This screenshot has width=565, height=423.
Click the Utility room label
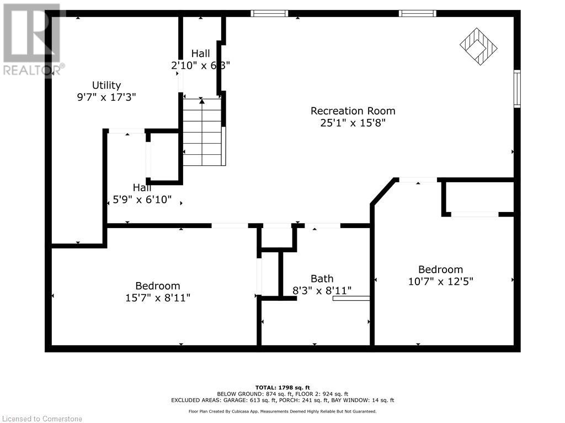pyautogui.click(x=106, y=85)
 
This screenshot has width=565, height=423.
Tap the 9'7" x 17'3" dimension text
pyautogui.click(x=106, y=97)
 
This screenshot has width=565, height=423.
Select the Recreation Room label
pyautogui.click(x=353, y=111)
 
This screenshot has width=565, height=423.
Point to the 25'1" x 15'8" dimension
pyautogui.click(x=353, y=123)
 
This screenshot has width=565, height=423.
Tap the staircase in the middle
pyautogui.click(x=202, y=132)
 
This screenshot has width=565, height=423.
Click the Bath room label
pyautogui.click(x=322, y=279)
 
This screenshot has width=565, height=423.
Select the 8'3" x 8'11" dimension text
pyautogui.click(x=322, y=290)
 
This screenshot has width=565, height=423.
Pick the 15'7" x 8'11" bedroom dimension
pyautogui.click(x=158, y=297)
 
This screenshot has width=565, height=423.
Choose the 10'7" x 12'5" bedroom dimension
pyautogui.click(x=440, y=281)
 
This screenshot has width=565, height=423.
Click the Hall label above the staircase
pyautogui.click(x=201, y=53)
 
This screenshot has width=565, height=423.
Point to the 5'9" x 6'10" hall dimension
pyautogui.click(x=142, y=200)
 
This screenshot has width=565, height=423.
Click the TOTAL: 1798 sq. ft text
pyautogui.click(x=282, y=387)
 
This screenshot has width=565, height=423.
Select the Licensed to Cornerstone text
pyautogui.click(x=41, y=419)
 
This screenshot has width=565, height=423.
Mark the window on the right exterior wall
pyautogui.click(x=517, y=88)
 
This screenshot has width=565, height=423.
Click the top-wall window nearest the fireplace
pyautogui.click(x=418, y=13)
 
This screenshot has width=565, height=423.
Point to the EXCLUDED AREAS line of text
pyautogui.click(x=282, y=400)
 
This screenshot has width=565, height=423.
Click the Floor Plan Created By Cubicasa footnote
pyautogui.click(x=282, y=411)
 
